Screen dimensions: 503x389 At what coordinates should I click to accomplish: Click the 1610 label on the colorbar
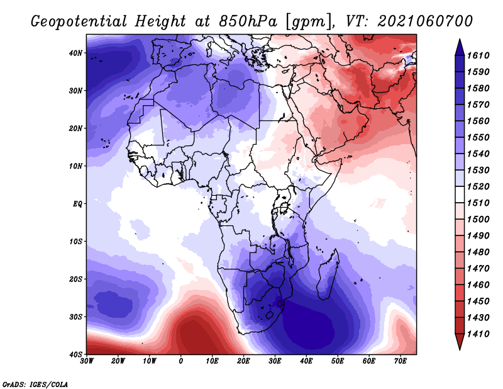[x=478, y=55]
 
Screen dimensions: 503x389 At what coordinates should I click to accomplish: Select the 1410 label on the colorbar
[x=478, y=334]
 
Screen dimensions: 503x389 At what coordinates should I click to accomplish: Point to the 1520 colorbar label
[x=478, y=186]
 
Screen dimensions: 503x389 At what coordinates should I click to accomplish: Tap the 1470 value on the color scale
[x=478, y=269]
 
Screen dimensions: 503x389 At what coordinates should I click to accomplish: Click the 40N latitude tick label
[x=75, y=53]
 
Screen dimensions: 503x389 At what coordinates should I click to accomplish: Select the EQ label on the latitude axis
[x=77, y=204]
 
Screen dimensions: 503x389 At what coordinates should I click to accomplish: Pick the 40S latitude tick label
[x=75, y=354]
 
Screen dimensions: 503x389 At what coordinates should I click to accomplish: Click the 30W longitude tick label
[x=87, y=361]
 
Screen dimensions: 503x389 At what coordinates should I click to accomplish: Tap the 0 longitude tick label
[x=181, y=361]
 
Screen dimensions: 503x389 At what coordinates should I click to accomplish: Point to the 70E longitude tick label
[x=401, y=361]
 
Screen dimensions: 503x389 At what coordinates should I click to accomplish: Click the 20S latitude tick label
[x=75, y=279]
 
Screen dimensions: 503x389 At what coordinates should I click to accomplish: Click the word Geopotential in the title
[x=79, y=22]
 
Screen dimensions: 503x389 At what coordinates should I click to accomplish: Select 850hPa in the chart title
[x=248, y=22]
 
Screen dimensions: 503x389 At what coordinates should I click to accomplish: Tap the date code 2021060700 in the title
[x=425, y=21]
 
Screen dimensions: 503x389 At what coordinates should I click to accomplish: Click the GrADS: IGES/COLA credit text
[x=35, y=385]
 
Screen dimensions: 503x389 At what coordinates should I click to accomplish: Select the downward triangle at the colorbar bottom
[x=460, y=342]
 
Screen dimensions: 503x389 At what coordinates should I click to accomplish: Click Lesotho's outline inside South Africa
[x=270, y=315]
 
